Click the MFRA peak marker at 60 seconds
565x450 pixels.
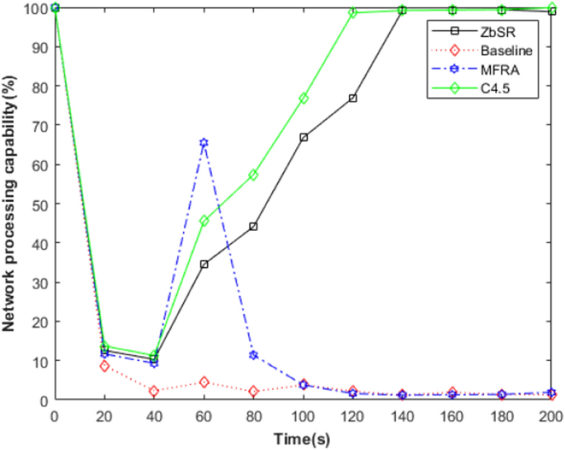(x=204, y=143)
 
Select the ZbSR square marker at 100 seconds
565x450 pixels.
(x=304, y=137)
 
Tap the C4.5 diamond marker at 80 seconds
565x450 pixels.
(x=253, y=175)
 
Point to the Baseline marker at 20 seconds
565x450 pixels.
(x=105, y=366)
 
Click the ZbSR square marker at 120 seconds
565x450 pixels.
(x=353, y=98)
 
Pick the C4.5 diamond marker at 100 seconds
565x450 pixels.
(x=304, y=98)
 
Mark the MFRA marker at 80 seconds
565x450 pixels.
(x=253, y=355)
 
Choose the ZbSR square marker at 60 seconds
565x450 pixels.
(x=204, y=265)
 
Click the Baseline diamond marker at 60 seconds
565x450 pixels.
(x=204, y=382)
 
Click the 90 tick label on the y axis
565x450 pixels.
(x=41, y=47)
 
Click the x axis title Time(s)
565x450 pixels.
(x=303, y=438)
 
